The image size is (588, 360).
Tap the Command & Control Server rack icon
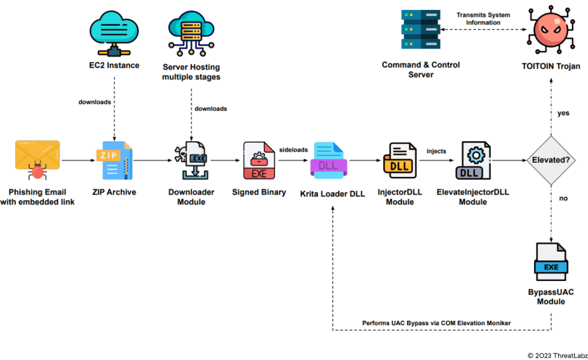(x=421, y=30)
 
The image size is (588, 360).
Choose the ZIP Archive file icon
(x=117, y=160)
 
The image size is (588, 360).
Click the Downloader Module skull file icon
(x=192, y=161)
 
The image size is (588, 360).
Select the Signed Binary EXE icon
(x=259, y=161)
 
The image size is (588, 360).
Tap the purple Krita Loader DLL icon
(x=328, y=160)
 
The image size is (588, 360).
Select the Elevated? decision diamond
(x=551, y=161)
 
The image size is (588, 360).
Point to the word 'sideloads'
(x=293, y=149)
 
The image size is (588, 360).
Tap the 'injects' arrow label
(x=437, y=151)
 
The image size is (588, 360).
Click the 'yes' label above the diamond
(x=563, y=113)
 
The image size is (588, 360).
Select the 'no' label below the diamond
(x=563, y=198)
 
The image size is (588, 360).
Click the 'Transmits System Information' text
(x=483, y=19)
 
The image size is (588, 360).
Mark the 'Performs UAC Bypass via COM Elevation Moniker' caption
(x=437, y=323)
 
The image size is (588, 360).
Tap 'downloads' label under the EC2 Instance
(x=95, y=102)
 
